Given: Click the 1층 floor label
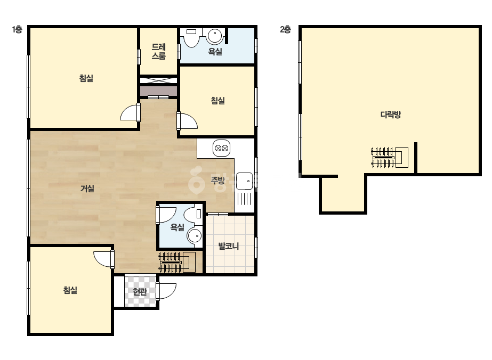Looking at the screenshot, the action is pyautogui.click(x=17, y=30).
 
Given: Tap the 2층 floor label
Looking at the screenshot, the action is pyautogui.click(x=285, y=30).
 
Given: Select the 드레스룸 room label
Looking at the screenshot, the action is pyautogui.click(x=159, y=52).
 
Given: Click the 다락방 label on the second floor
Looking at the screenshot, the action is pyautogui.click(x=391, y=114).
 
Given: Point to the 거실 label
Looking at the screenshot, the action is pyautogui.click(x=87, y=189).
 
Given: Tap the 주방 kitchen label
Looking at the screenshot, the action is pyautogui.click(x=218, y=181).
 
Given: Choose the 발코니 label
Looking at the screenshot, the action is pyautogui.click(x=229, y=246).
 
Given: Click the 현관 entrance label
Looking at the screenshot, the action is pyautogui.click(x=140, y=292).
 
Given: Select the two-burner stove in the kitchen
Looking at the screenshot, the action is pyautogui.click(x=222, y=148).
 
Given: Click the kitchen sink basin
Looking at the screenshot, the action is pyautogui.click(x=245, y=181).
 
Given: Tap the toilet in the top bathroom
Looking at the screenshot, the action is pyautogui.click(x=191, y=37).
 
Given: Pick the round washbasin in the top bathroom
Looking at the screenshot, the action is pyautogui.click(x=215, y=36).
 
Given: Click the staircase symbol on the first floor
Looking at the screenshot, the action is pyautogui.click(x=178, y=262).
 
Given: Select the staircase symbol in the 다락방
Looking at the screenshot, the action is pyautogui.click(x=390, y=158).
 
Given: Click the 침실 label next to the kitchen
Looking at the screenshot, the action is pyautogui.click(x=218, y=101).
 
